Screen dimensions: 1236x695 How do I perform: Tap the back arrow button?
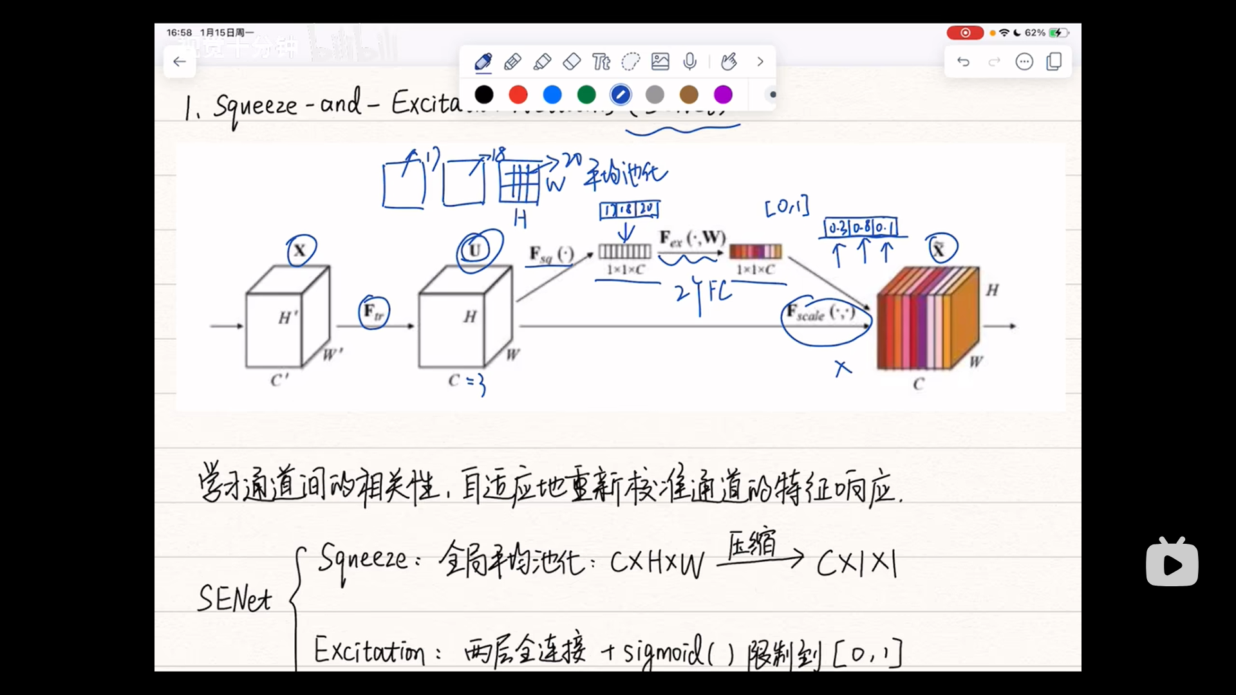pos(180,62)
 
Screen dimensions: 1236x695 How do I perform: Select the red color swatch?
pos(518,95)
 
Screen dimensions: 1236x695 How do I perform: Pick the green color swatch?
pos(586,95)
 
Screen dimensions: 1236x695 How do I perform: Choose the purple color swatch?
pos(723,95)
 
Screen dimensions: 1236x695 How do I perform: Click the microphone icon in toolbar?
pos(689,62)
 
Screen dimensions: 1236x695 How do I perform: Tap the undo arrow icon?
pos(963,62)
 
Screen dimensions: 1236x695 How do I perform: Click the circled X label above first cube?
pos(301,250)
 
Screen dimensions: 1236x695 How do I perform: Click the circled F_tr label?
pos(373,312)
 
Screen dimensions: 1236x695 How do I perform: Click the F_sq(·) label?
pos(551,255)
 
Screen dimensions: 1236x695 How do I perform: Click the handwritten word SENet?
pos(234,598)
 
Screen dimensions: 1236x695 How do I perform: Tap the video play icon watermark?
pos(1172,562)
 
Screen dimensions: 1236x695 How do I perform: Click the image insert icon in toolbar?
pos(660,62)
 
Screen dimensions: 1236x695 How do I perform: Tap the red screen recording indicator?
pos(964,33)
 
